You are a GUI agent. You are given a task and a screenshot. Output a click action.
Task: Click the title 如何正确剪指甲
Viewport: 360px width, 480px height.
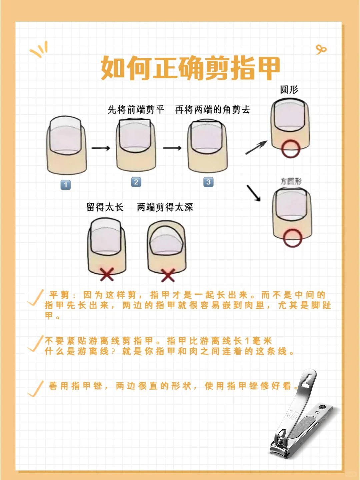[x=190, y=68]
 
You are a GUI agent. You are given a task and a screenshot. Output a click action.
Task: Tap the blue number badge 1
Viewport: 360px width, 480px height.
[x=66, y=185]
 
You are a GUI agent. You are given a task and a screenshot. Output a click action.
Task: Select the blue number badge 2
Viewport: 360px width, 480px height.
[x=136, y=182]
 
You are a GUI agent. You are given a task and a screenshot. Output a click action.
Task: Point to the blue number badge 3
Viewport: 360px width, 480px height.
[x=208, y=182]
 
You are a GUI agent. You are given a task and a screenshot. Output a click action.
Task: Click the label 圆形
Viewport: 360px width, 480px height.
[x=289, y=90]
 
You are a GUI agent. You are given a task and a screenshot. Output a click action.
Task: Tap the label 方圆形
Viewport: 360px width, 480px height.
[x=291, y=181]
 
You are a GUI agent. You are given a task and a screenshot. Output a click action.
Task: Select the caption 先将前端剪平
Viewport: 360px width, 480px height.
[x=136, y=110]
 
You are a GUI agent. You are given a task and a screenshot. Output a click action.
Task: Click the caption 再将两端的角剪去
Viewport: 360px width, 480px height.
[x=213, y=110]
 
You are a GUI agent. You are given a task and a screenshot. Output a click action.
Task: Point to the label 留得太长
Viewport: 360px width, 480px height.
[x=105, y=207]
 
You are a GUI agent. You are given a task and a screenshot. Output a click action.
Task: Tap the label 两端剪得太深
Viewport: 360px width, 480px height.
[x=165, y=207]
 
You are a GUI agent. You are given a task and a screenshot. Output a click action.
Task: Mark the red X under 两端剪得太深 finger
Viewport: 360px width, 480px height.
[x=168, y=275]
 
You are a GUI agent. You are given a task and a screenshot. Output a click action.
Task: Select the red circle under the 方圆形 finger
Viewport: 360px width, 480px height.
[x=293, y=238]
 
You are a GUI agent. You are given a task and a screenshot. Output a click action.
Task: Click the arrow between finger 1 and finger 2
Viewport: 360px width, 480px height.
[x=101, y=148]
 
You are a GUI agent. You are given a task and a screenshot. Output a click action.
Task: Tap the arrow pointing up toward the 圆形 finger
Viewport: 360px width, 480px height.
[x=256, y=147]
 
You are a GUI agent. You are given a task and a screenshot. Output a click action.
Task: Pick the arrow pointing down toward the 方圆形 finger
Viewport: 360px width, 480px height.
[x=254, y=193]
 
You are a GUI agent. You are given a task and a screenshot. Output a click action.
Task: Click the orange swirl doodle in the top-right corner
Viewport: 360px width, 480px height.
[x=321, y=50]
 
